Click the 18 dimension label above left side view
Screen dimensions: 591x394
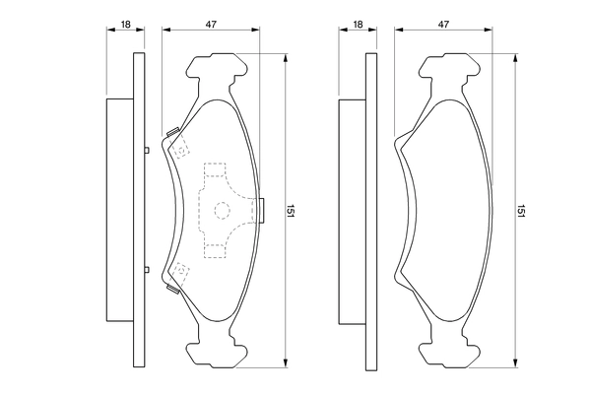click(x=125, y=25)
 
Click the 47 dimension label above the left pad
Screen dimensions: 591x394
click(x=211, y=25)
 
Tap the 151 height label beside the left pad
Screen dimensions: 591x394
click(x=291, y=211)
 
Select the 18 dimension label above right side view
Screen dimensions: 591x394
click(x=358, y=25)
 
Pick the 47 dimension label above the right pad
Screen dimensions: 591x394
click(x=443, y=25)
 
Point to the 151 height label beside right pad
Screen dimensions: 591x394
click(x=521, y=211)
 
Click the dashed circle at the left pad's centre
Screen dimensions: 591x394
click(x=222, y=211)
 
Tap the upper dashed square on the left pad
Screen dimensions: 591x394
click(x=181, y=148)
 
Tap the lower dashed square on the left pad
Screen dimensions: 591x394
click(x=180, y=272)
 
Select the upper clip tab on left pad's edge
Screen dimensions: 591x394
click(x=172, y=132)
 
